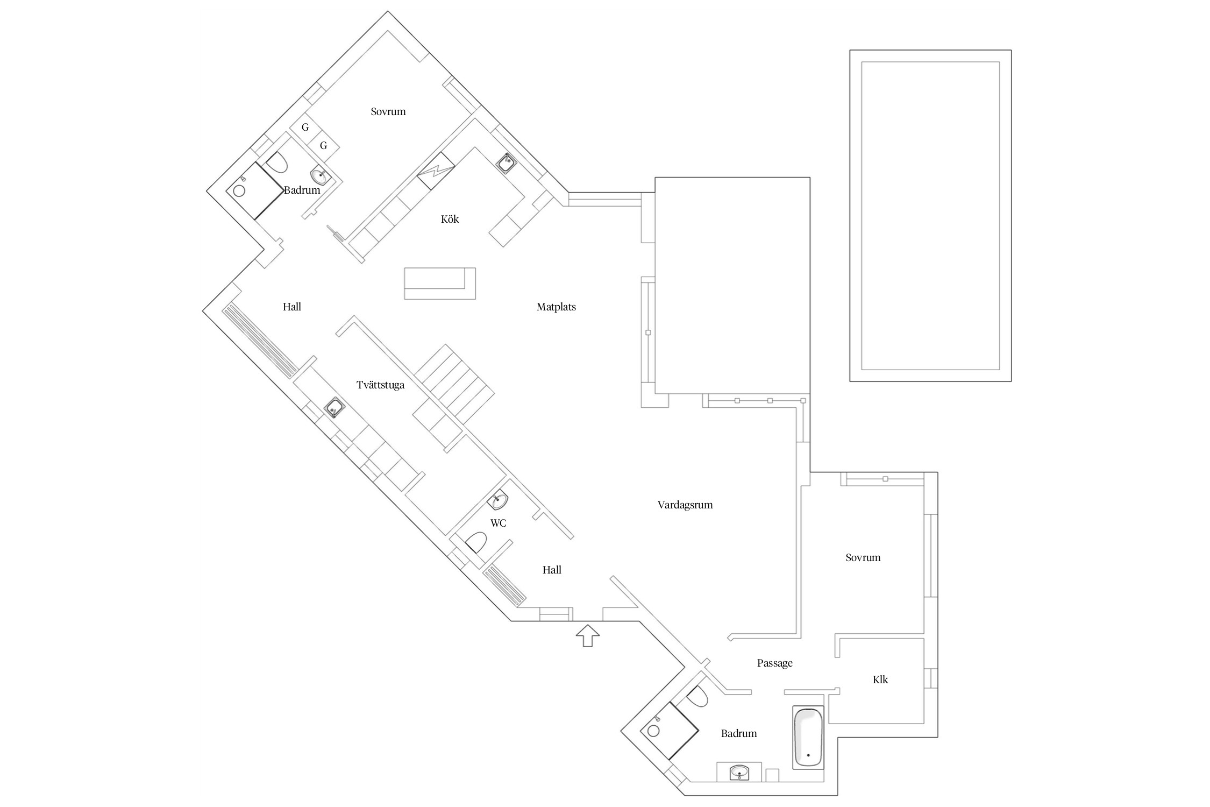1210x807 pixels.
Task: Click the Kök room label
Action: (450, 219)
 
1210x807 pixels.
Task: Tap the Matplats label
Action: (556, 307)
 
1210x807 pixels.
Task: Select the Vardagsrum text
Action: (685, 505)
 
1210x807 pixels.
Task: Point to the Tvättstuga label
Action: (380, 385)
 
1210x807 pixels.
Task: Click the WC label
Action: (498, 523)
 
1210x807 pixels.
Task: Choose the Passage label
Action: (774, 663)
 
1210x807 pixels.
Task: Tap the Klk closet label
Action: (880, 680)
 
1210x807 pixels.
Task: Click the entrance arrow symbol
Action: (588, 635)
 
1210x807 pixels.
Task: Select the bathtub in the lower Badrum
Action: (808, 737)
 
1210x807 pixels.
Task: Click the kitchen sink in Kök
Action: (506, 162)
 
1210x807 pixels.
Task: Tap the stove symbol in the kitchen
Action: (436, 171)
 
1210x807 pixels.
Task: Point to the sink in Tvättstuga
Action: (334, 408)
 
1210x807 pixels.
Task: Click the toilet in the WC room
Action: (476, 542)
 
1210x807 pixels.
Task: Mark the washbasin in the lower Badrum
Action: (739, 773)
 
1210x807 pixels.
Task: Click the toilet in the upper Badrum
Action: (277, 162)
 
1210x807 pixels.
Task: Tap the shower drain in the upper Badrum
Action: (239, 191)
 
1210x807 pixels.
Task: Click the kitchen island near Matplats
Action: (440, 283)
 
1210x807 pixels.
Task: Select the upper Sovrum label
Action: (388, 112)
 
